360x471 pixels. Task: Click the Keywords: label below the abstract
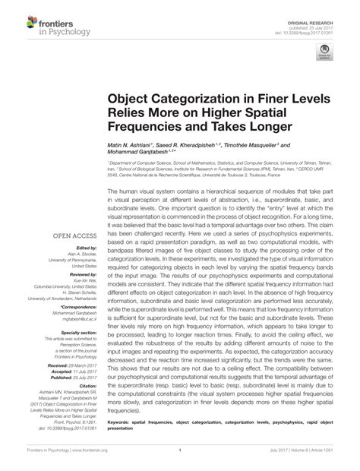tap(122, 419)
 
